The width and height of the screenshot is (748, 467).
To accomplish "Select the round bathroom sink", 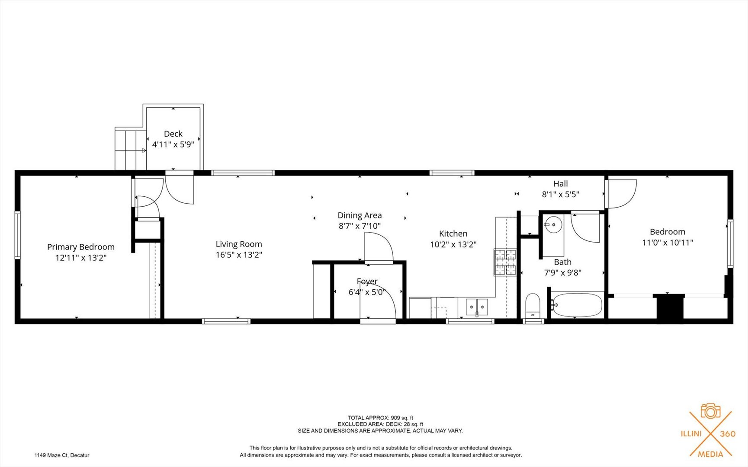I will pos(553,225).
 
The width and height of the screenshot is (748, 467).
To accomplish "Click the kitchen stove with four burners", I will pos(505,262).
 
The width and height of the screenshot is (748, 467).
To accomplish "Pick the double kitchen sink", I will pos(477,307).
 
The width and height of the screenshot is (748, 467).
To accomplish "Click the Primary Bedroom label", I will pos(81,247).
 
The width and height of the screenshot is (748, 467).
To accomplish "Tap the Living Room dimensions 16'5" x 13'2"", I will pos(239,255).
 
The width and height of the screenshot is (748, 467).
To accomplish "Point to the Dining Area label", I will pos(360,215).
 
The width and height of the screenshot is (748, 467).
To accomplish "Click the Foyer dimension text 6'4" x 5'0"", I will pos(367,292).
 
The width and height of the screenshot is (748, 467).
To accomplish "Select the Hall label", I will pos(560,184).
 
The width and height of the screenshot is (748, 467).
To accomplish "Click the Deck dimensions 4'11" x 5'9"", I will pos(173,144).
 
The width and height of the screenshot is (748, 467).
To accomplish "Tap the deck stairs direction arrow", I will pos(144,150).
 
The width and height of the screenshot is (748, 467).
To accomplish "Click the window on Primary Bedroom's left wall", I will pos(18,235).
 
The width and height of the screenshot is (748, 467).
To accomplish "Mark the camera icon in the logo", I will pos(710,411).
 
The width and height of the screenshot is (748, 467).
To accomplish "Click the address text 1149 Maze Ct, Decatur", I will pos(62,455).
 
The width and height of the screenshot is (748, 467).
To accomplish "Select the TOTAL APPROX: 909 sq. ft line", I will pos(380,418).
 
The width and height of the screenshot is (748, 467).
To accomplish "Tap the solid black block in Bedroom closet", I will pos(668,308).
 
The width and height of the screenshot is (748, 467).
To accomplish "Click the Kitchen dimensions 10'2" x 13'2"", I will pos(453,244).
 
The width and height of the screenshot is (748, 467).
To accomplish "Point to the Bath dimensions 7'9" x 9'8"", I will pos(562,272).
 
